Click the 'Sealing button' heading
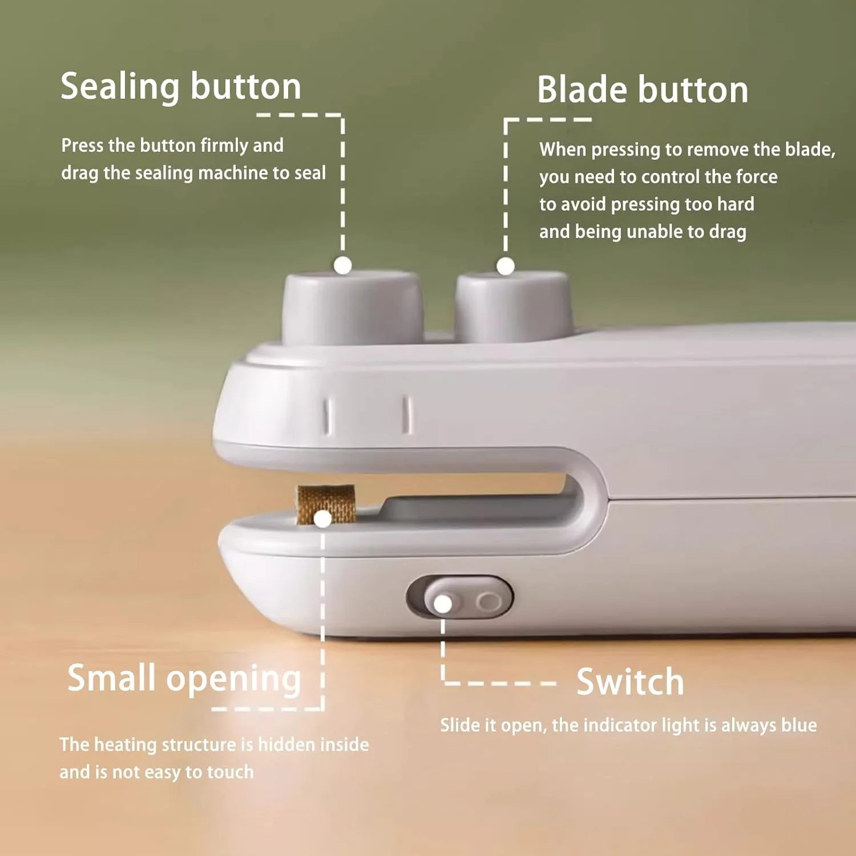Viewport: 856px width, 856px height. pyautogui.click(x=181, y=87)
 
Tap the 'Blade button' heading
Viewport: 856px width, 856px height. pyautogui.click(x=643, y=90)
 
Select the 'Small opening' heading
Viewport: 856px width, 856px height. pyautogui.click(x=184, y=679)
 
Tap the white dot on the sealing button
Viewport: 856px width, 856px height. pyautogui.click(x=342, y=265)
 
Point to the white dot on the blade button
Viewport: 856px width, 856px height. pyautogui.click(x=506, y=266)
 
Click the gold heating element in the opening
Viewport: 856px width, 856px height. pyautogui.click(x=326, y=504)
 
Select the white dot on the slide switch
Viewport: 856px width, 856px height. pyautogui.click(x=443, y=604)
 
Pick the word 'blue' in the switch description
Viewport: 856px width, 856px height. pyautogui.click(x=799, y=725)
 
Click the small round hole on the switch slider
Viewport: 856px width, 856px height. pyautogui.click(x=488, y=601)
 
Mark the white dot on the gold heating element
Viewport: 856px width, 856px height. pyautogui.click(x=323, y=519)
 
